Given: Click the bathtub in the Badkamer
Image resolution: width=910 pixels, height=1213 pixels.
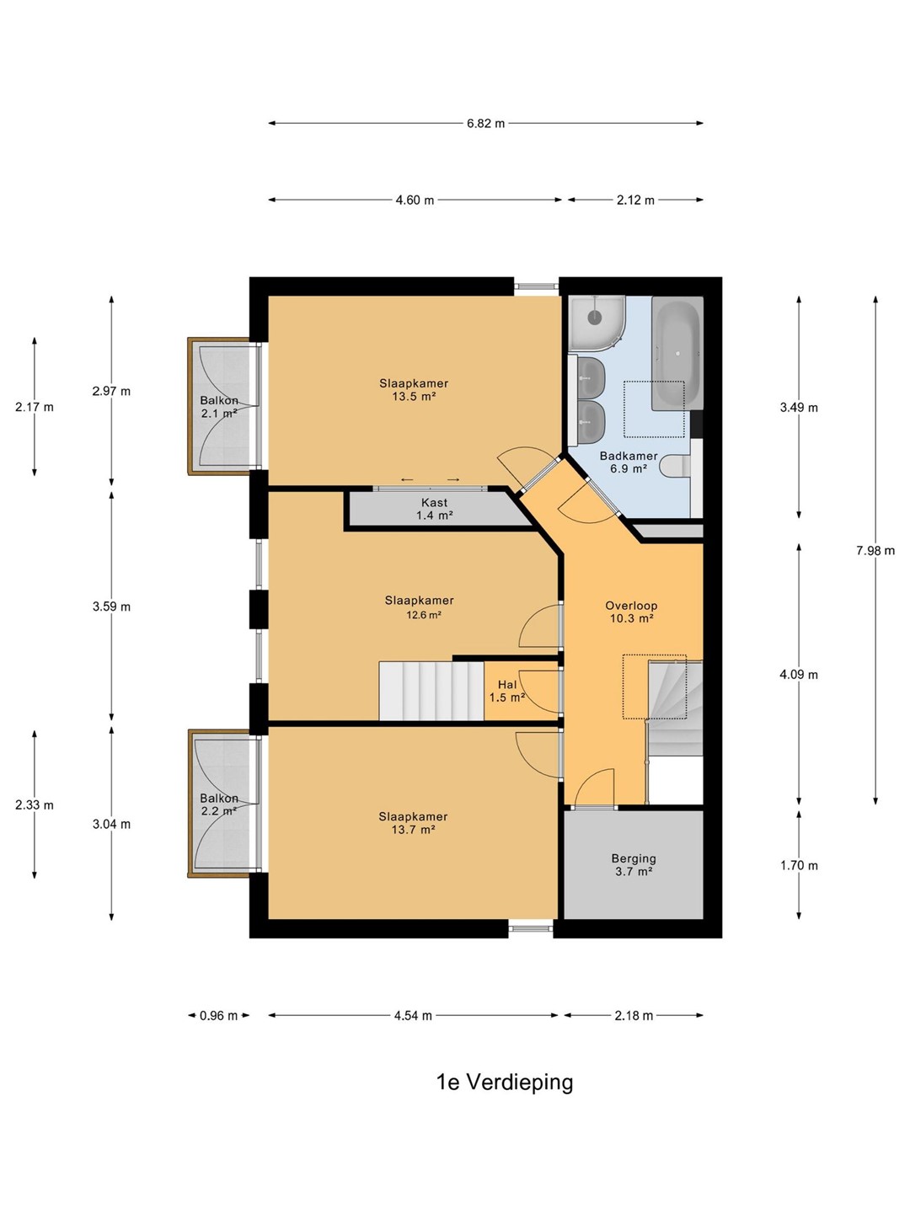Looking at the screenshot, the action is (677, 353).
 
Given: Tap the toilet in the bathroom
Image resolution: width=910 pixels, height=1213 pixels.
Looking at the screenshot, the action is (675, 465).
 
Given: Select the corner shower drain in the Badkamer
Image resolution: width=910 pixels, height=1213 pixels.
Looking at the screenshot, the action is (595, 317).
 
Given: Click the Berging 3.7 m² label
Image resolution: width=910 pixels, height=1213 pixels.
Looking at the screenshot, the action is (634, 865).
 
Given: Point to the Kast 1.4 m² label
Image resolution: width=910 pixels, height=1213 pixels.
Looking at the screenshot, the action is (435, 509).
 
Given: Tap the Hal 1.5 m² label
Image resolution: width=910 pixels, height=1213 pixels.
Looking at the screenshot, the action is (506, 692).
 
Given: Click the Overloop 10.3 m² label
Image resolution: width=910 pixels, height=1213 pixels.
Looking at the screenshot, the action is (632, 612).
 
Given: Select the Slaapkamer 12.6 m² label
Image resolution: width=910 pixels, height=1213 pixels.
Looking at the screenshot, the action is (420, 607).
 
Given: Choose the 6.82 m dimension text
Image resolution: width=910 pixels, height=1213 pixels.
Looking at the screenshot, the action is (485, 123).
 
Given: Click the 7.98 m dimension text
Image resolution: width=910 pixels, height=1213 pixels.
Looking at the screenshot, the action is (875, 550).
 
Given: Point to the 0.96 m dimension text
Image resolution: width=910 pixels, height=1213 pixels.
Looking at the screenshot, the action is (219, 1015).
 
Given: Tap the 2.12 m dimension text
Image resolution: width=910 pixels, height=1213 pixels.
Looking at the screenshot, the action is (635, 200).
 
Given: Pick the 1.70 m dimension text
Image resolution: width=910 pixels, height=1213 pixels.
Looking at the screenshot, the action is (799, 865).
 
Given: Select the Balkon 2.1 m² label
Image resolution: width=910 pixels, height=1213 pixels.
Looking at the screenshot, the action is (219, 406).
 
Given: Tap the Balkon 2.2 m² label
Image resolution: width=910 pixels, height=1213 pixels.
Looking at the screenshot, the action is (219, 804).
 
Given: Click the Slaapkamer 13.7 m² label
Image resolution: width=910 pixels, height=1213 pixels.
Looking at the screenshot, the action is (413, 823).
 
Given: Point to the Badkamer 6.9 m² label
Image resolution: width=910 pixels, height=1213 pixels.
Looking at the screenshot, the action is (629, 462).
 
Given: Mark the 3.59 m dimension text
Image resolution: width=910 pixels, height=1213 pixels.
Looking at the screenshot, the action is (111, 606).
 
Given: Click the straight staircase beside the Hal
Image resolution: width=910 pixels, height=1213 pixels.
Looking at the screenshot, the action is (431, 691).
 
